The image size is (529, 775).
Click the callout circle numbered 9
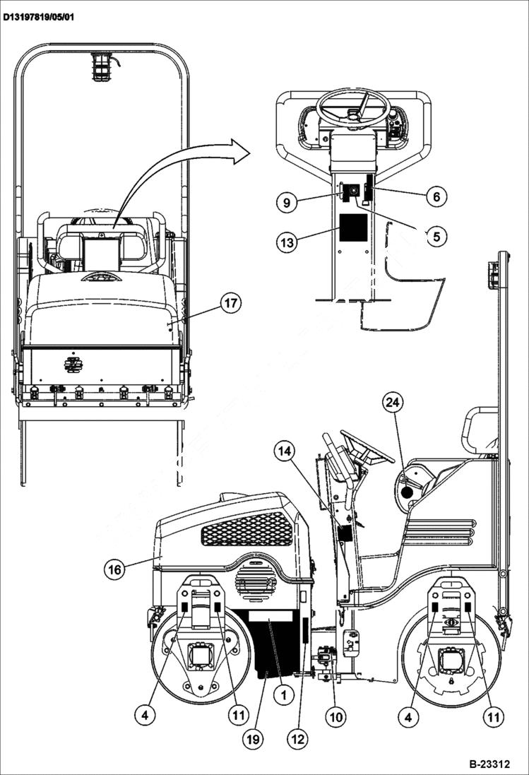286,202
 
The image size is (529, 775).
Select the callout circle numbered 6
436,196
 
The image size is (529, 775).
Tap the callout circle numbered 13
286,242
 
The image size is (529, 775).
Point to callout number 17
230,304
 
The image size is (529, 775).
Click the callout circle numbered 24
393,403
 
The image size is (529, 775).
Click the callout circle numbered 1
283,695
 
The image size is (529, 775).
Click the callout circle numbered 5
436,237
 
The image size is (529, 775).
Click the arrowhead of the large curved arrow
240,150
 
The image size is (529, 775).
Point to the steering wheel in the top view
354,107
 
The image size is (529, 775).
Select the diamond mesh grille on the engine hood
246,528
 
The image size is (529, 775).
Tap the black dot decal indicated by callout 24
406,492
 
